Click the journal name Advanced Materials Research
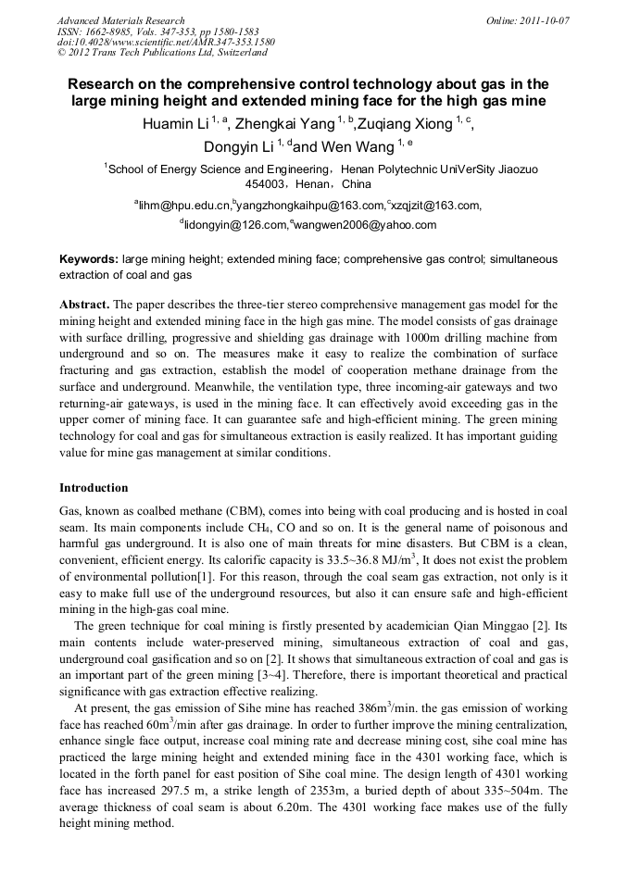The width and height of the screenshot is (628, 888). pos(120,20)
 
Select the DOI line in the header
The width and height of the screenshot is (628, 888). pos(166,43)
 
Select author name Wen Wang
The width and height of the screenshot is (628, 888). pos(358,146)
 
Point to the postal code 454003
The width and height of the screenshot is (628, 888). pos(275,183)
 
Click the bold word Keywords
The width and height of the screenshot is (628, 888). pos(89,261)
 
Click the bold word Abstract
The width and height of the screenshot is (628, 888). pos(85,304)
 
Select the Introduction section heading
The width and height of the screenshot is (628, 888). pos(94,488)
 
